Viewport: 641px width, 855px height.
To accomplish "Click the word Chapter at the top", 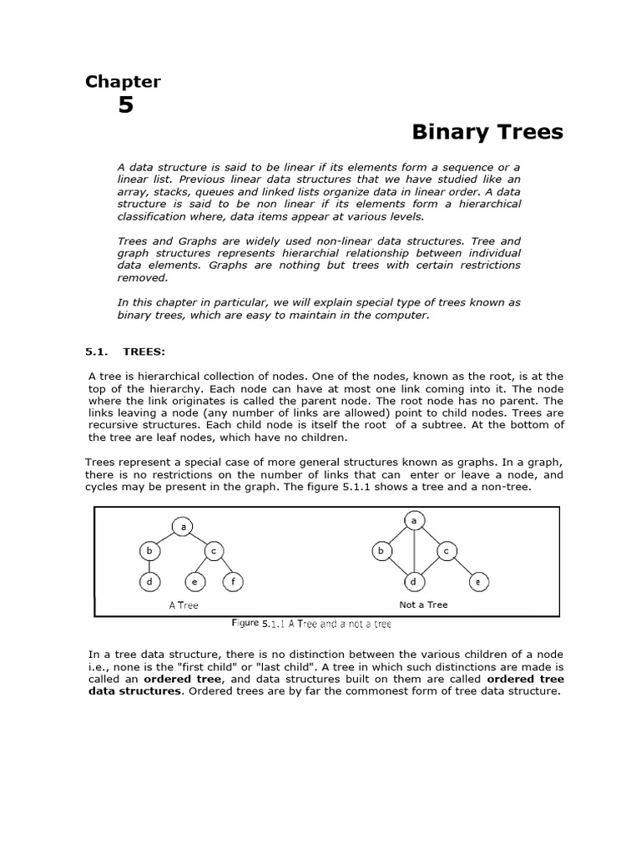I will point(123,81).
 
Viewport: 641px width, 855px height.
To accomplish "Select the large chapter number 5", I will point(125,106).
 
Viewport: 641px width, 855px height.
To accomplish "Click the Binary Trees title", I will point(487,132).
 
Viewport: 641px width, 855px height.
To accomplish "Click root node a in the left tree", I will point(182,526).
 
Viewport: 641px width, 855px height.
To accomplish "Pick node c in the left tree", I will point(213,551).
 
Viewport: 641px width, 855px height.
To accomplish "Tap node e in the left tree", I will point(194,582).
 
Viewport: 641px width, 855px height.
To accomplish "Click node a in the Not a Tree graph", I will point(414,520).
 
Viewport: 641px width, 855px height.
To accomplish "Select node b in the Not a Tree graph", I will point(381,551).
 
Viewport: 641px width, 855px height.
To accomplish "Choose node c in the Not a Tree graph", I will point(446,551).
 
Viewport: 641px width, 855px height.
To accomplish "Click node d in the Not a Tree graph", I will point(414,582).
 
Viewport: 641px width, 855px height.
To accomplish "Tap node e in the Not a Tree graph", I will point(477,582).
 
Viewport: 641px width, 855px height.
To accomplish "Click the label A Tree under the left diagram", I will point(184,605).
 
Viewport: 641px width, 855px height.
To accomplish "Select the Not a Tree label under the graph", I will point(423,605).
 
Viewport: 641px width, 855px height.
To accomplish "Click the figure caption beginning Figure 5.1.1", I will point(310,624).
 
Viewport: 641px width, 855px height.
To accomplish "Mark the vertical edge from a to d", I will point(414,551).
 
